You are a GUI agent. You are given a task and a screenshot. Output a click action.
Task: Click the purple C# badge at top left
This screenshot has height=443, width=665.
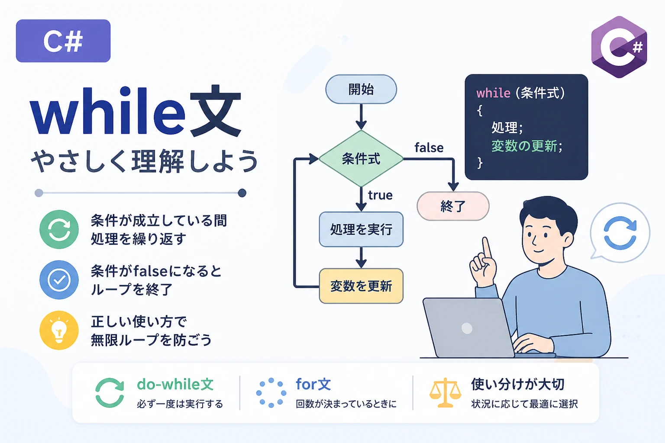click(x=63, y=41)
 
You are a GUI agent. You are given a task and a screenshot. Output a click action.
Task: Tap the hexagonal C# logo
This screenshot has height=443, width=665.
click(x=619, y=47)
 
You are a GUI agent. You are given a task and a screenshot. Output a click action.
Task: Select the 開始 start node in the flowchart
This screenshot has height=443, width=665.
click(x=361, y=89)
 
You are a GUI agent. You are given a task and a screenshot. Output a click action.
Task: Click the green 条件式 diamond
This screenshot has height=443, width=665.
click(x=361, y=159)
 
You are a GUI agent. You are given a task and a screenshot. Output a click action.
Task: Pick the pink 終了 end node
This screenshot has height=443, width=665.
click(x=453, y=206)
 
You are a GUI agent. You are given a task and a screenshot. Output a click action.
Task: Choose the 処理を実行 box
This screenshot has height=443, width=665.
click(x=361, y=229)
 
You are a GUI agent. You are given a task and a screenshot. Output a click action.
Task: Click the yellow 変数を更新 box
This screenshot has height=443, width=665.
click(x=361, y=286)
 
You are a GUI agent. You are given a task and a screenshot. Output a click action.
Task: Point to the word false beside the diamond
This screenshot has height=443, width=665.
click(x=429, y=148)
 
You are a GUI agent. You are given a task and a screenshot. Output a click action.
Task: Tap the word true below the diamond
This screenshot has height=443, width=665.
click(x=380, y=195)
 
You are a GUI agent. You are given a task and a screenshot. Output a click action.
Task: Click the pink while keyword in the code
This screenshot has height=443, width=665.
click(x=494, y=93)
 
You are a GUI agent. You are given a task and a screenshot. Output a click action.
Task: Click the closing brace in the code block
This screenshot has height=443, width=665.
click(x=479, y=163)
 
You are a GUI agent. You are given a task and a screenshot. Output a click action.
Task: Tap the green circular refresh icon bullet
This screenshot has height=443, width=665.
click(x=59, y=229)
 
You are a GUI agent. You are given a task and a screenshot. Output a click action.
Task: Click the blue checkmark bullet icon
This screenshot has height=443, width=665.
click(x=59, y=280)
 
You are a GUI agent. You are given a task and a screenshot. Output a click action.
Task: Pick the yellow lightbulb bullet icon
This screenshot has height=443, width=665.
click(x=59, y=330)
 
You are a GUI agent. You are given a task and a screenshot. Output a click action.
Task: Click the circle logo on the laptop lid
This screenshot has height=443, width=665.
click(x=467, y=328)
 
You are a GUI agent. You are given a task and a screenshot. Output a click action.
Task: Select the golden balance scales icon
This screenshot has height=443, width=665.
click(x=445, y=392)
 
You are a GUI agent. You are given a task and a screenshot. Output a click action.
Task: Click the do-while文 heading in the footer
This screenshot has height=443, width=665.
click(x=175, y=385)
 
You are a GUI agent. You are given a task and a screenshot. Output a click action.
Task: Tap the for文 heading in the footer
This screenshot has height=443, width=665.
click(x=313, y=384)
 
